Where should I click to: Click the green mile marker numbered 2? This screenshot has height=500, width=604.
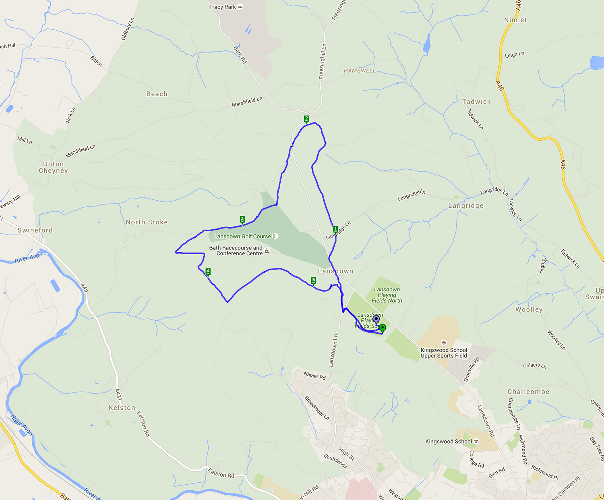[x=306, y=119]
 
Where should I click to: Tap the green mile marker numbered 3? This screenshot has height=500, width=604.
[x=242, y=220]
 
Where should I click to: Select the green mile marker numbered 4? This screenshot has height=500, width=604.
[x=208, y=272]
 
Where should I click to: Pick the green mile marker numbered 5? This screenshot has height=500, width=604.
[x=314, y=281]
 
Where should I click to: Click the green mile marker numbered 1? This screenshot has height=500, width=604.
[x=335, y=229]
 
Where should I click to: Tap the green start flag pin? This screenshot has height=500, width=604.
[x=383, y=328]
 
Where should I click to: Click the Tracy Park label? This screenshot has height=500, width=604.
[x=223, y=7]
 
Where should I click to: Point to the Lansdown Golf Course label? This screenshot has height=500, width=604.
[x=242, y=237]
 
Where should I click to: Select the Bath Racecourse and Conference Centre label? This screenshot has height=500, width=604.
[x=236, y=251]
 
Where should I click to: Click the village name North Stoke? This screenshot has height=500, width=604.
[x=147, y=222]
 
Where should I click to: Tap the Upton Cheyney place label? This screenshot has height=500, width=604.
[x=53, y=167]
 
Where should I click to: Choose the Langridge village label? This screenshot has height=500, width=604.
[x=465, y=206]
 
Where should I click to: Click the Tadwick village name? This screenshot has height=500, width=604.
[x=476, y=102]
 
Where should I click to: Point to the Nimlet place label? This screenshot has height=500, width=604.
[x=515, y=20]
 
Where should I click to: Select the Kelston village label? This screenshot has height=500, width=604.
[x=122, y=408]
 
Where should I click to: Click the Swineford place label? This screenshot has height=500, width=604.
[x=35, y=230]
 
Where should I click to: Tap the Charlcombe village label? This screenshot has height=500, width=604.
[x=528, y=392]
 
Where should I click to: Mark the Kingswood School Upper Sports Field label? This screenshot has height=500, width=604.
[x=444, y=353]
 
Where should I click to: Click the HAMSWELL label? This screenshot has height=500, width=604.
[x=360, y=71]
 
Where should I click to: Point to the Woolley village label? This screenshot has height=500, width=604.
[x=529, y=309]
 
